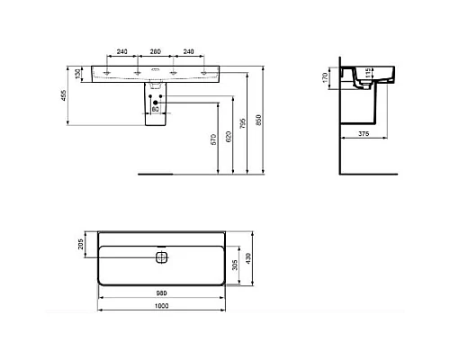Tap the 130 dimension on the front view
pos(78,72)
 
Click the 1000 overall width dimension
pos(160,309)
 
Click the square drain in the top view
pos(161,258)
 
